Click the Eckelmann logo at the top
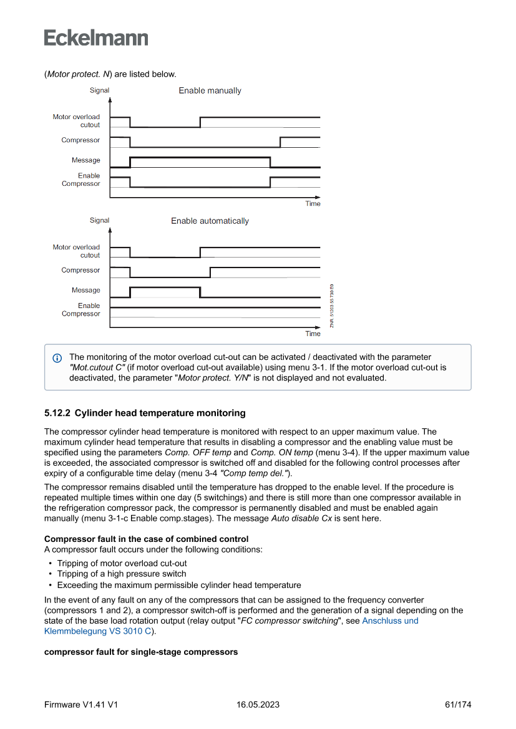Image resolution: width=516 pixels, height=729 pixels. pos(96,38)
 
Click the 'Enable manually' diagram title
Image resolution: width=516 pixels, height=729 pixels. pos(210,91)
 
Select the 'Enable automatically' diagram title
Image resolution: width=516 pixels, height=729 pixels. pos(210,221)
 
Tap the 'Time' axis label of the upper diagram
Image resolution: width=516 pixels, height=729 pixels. pos(313,204)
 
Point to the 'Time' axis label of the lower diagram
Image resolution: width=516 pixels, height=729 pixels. pos(313,334)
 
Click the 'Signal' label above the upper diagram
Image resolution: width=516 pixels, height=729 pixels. pos(99,90)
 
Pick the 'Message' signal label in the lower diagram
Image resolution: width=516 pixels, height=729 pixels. pos(85,291)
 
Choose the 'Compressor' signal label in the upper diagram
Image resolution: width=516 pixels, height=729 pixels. pos(80,140)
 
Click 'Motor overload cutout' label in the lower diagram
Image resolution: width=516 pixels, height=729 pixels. pos(76,251)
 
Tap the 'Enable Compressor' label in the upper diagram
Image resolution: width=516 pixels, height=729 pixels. pos(81,180)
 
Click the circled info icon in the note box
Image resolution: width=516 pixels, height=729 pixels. pos(57,358)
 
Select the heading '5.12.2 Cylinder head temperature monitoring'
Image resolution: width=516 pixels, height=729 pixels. pos(145,413)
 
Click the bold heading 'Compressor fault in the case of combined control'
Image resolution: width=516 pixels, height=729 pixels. pos(146,539)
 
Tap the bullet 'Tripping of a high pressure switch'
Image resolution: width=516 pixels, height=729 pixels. pos(122,574)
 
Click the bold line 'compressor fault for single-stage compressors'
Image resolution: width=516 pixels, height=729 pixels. pos(141,652)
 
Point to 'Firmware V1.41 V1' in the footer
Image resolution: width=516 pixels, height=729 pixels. pos(81,705)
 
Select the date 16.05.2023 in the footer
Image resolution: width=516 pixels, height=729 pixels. pos(258,705)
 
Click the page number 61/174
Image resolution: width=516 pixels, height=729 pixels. pos(458,705)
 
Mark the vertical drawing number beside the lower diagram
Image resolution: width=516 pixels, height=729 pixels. pos(332,305)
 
